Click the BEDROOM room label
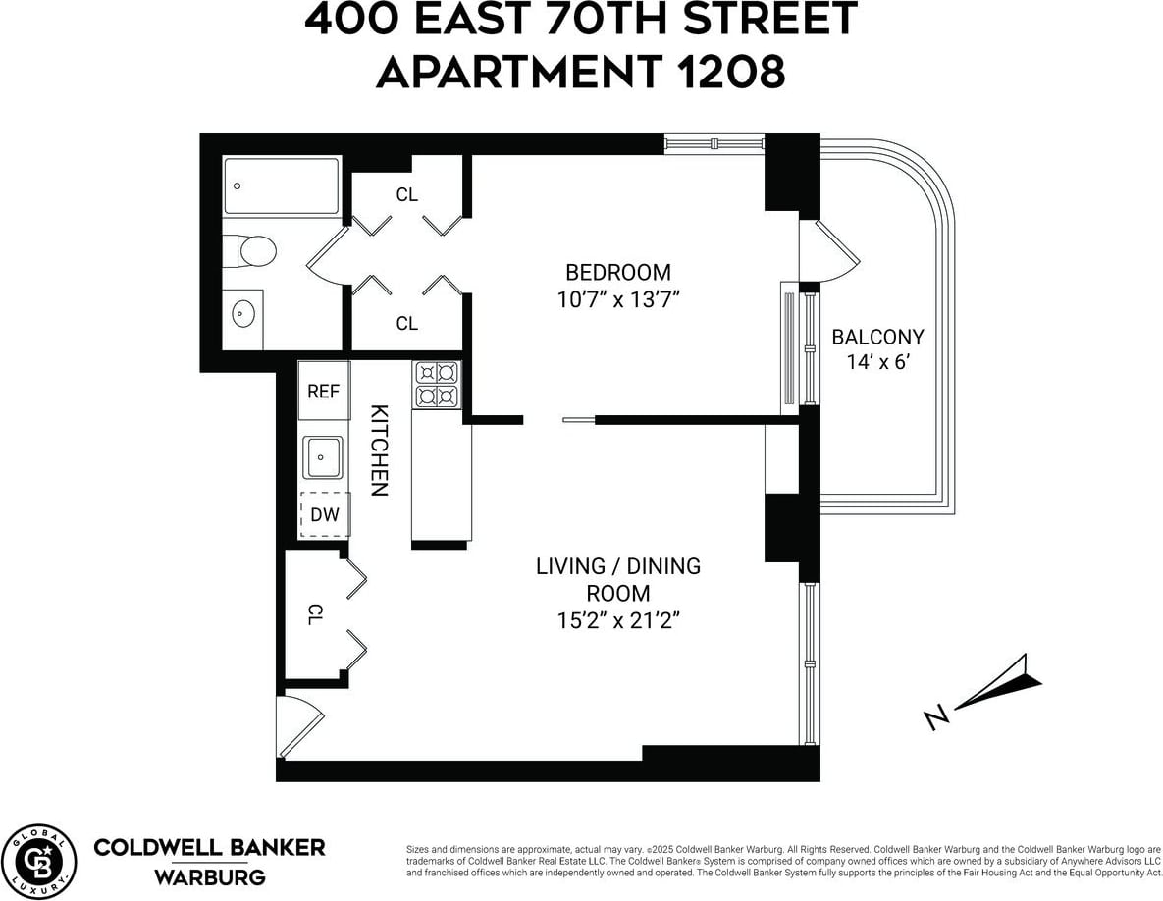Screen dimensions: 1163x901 coord(618,272)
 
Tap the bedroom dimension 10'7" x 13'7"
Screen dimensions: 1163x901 coord(618,299)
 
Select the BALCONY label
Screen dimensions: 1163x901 coord(877,337)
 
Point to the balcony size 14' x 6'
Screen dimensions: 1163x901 coord(878,363)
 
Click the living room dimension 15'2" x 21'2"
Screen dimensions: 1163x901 coord(618,620)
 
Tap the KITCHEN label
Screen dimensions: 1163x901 coord(379,450)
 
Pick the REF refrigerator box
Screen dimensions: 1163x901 coord(324,391)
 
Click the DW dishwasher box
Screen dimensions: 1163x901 coord(324,514)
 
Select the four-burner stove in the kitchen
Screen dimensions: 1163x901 coord(437,384)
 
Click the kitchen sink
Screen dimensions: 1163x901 coord(324,458)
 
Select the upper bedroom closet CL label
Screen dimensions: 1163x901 coord(406,194)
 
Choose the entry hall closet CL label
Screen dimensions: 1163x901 coord(314,614)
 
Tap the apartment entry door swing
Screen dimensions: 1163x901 coord(299,726)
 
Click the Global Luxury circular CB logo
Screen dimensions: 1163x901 coord(39,860)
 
